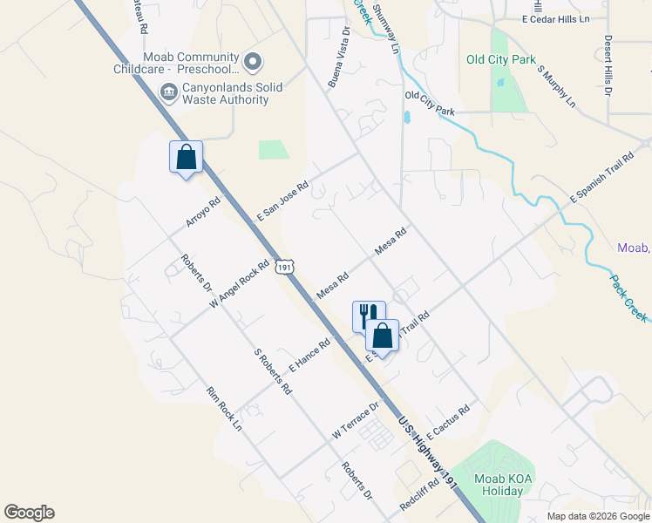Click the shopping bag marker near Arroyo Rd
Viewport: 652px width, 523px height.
186,158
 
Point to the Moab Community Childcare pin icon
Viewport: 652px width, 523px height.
254,62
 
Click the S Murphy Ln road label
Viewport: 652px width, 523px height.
557,86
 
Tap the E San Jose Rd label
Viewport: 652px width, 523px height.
283,200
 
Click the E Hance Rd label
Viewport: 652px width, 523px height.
309,356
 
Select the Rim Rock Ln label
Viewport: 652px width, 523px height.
223,411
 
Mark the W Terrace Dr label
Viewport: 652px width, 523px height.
357,420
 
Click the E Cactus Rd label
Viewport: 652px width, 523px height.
449,420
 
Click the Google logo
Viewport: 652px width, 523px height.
29,513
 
